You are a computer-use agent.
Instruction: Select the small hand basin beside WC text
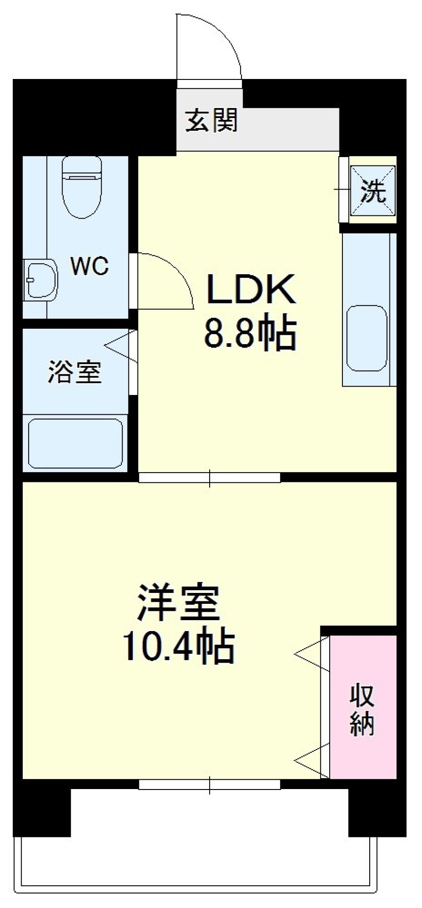coord(40,280)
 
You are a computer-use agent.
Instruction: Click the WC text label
coord(90,266)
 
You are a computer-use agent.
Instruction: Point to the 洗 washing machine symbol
coord(373,191)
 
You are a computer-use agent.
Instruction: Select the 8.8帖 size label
coord(250,334)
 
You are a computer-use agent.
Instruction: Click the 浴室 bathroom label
coord(74,372)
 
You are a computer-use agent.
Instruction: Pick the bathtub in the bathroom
coord(75,443)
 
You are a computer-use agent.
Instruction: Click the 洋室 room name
coord(178,602)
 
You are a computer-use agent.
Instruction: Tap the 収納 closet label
coord(362,710)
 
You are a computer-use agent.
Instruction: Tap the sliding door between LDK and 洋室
coord(210,477)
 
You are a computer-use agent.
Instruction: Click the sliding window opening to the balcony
coord(210,785)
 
